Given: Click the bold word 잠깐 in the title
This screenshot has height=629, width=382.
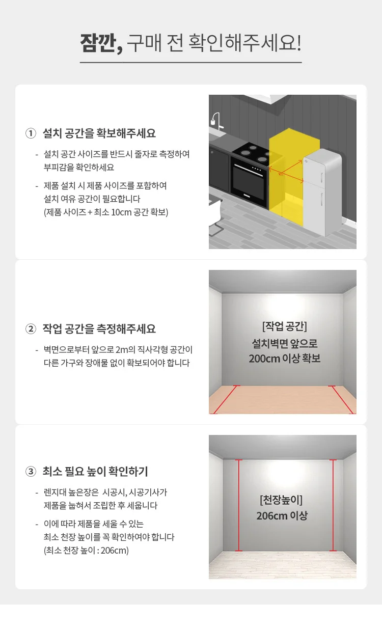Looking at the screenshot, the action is (x=98, y=43).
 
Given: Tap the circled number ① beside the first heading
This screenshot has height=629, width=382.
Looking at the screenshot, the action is (x=31, y=133).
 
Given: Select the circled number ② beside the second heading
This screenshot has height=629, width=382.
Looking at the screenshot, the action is (x=31, y=329).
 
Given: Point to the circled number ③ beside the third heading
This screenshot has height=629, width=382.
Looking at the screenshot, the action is (x=31, y=471).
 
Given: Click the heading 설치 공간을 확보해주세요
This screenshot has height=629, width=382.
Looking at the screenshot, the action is (x=99, y=133).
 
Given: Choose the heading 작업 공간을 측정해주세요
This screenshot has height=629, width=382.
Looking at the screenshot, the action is (x=99, y=329).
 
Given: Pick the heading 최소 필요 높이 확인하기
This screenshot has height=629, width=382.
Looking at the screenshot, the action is (x=95, y=471).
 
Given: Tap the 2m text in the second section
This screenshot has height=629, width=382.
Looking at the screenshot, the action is (x=122, y=350).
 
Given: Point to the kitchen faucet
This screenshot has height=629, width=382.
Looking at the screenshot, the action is (x=216, y=121).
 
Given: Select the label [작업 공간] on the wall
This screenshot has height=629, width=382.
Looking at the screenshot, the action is (x=285, y=326).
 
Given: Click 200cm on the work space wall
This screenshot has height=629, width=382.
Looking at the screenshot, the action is (x=264, y=359).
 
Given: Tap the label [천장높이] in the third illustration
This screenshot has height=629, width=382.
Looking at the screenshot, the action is (x=281, y=500).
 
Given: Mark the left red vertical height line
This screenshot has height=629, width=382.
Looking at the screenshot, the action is (x=239, y=505).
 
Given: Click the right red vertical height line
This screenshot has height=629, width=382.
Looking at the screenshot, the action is (x=333, y=505).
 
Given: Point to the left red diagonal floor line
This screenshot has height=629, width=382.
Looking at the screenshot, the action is (x=226, y=400).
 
